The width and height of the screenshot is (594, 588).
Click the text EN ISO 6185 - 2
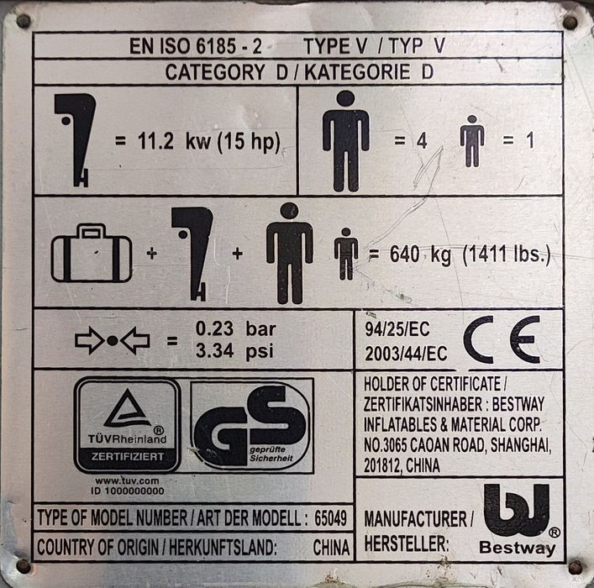196,46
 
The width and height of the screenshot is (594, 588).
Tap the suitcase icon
92,253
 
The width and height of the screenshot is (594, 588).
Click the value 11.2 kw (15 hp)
208,142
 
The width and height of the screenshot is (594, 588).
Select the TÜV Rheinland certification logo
128,425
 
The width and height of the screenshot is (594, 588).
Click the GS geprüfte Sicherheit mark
252,426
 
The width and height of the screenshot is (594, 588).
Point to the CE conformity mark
502,340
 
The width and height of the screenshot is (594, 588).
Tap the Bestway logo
517,519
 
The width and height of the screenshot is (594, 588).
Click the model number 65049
330,518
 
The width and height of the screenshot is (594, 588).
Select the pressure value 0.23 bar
235,328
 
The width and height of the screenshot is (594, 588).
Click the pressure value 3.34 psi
234,351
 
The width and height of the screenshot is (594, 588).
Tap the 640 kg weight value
420,255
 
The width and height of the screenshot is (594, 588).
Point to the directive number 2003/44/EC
406,354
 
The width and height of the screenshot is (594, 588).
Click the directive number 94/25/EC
397,329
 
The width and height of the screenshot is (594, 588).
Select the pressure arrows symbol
113,341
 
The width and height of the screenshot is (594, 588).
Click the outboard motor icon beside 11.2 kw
75,140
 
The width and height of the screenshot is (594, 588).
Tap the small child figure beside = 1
472,141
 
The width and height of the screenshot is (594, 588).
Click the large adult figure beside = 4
346,141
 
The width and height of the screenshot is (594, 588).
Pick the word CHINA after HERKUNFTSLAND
331,548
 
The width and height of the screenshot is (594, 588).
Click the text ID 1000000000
128,491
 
